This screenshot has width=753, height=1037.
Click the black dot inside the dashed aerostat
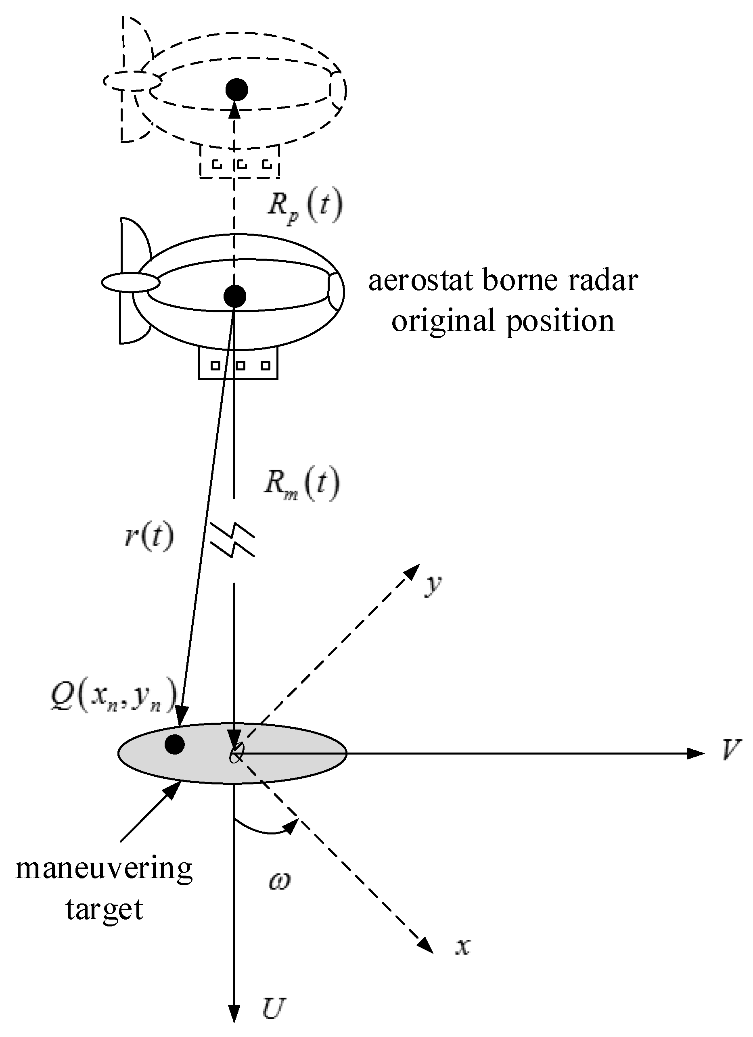237,90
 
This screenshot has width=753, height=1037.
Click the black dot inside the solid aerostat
235,296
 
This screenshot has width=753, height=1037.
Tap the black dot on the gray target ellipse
175,744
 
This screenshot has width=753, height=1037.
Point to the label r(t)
149,536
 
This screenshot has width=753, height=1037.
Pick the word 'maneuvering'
104,868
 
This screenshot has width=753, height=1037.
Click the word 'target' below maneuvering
104,910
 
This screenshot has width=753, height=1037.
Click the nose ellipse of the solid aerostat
131,282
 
